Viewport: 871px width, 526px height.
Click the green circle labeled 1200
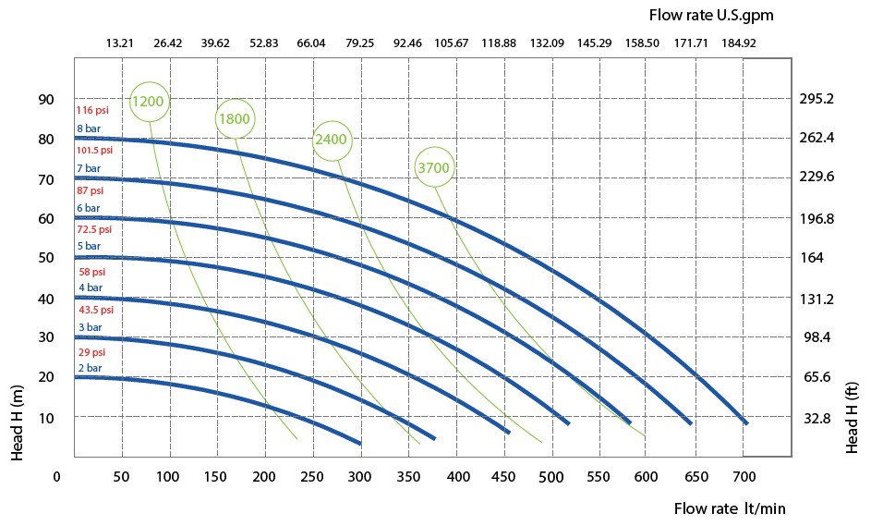[150, 101]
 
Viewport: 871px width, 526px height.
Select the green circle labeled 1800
[235, 118]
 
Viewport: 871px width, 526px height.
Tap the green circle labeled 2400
[331, 140]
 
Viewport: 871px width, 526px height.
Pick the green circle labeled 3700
[433, 167]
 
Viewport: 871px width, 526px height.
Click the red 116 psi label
[92, 110]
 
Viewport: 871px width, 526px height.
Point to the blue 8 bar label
[89, 128]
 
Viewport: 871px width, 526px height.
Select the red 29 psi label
[91, 352]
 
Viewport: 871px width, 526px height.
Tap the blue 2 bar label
[89, 368]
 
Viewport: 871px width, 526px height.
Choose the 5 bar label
[89, 247]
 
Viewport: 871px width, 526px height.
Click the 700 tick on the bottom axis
[744, 477]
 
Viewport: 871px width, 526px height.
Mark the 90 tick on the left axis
[45, 99]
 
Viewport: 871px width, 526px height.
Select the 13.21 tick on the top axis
[120, 43]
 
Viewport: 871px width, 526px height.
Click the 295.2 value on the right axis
[817, 99]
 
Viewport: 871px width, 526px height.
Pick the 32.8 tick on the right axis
[817, 418]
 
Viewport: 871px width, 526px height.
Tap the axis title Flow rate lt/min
[730, 508]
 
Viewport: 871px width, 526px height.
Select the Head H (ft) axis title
[853, 420]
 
